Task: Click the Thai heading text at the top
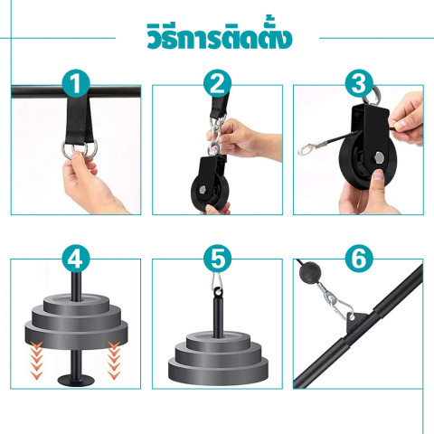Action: (x=220, y=37)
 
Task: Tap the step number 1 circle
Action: (x=76, y=83)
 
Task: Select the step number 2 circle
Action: (x=217, y=83)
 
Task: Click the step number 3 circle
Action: (x=359, y=83)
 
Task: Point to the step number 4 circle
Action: (x=76, y=259)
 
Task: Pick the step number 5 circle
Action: (x=217, y=259)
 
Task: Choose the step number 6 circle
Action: (x=359, y=259)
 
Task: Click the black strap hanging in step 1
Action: (x=80, y=120)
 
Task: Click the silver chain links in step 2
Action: (x=216, y=135)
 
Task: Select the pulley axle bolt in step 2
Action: (x=203, y=189)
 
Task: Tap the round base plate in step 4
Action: (x=76, y=380)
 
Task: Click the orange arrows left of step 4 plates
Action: (x=36, y=361)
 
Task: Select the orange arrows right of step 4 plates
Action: (x=114, y=361)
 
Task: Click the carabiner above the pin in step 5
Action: (x=217, y=282)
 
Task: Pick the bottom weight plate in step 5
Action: (x=218, y=371)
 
